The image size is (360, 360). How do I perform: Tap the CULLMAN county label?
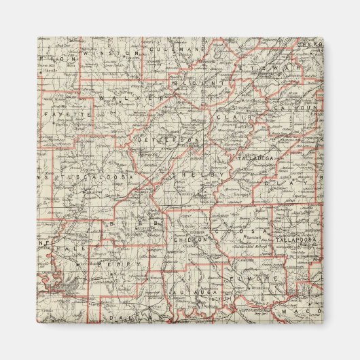click(166, 50)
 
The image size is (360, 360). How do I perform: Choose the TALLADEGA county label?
click(255, 158)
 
